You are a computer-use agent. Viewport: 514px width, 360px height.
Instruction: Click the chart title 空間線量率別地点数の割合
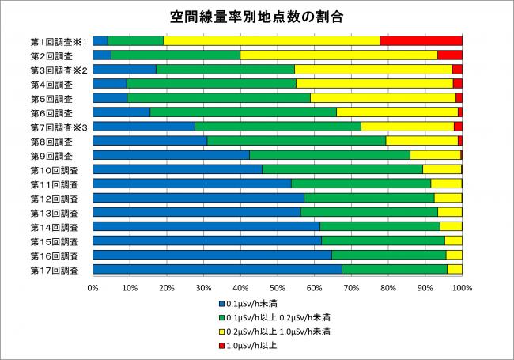(257, 16)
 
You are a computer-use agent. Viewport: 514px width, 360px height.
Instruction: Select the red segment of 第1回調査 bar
(421, 40)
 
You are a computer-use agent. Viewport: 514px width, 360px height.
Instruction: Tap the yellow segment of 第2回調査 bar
(338, 55)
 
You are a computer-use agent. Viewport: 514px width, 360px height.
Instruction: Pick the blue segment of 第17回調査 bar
(217, 270)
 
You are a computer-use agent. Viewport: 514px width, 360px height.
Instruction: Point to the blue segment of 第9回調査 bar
(171, 154)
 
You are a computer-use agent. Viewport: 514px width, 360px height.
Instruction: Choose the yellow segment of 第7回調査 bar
(407, 126)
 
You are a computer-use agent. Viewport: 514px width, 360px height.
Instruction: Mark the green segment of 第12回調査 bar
(369, 198)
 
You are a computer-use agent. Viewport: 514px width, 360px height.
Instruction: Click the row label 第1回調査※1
(58, 40)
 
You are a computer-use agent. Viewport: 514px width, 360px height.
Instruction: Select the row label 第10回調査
(55, 169)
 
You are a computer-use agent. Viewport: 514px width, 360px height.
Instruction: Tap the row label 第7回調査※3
(58, 127)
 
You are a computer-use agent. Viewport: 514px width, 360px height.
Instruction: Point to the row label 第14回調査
(55, 227)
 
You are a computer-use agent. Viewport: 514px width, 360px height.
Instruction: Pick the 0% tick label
(93, 288)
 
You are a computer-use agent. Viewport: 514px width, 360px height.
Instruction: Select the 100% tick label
(462, 288)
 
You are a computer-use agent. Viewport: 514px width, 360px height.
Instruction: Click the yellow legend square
(221, 332)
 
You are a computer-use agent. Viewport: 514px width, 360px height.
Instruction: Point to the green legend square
(221, 317)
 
